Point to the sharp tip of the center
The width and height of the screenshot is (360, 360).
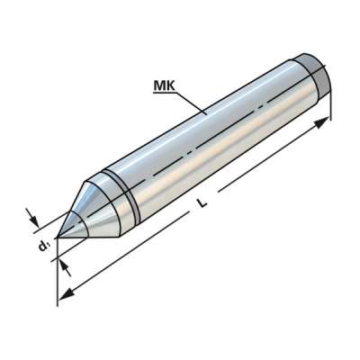pos(56,238)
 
